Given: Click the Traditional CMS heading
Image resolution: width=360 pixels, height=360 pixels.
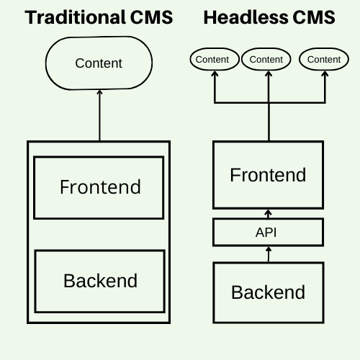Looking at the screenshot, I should click(99, 17).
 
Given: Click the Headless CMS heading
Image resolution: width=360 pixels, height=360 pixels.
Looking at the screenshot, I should click(269, 17).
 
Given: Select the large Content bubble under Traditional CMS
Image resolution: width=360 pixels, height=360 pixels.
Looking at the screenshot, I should click(99, 63).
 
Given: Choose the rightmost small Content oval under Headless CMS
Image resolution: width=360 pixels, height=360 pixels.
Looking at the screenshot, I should click(323, 59).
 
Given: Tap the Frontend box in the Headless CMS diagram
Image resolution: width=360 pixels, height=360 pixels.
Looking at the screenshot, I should click(268, 175).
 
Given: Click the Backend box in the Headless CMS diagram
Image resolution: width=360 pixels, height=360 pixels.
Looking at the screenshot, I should click(268, 292).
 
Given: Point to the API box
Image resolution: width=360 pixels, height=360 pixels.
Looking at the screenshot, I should click(268, 233).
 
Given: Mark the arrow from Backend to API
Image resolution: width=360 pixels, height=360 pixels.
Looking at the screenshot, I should click(268, 254).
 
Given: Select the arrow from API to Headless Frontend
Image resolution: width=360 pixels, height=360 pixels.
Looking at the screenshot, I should click(268, 214).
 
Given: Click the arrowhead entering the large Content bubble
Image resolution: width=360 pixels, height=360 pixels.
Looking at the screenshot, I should click(99, 94).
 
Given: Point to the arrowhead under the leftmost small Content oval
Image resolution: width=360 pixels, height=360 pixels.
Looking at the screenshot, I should click(214, 75).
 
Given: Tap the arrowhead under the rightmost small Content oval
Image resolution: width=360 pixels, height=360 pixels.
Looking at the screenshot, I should click(323, 75).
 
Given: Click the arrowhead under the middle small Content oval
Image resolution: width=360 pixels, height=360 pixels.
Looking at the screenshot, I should click(268, 75).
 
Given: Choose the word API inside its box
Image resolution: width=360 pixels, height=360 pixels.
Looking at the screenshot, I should click(266, 233).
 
